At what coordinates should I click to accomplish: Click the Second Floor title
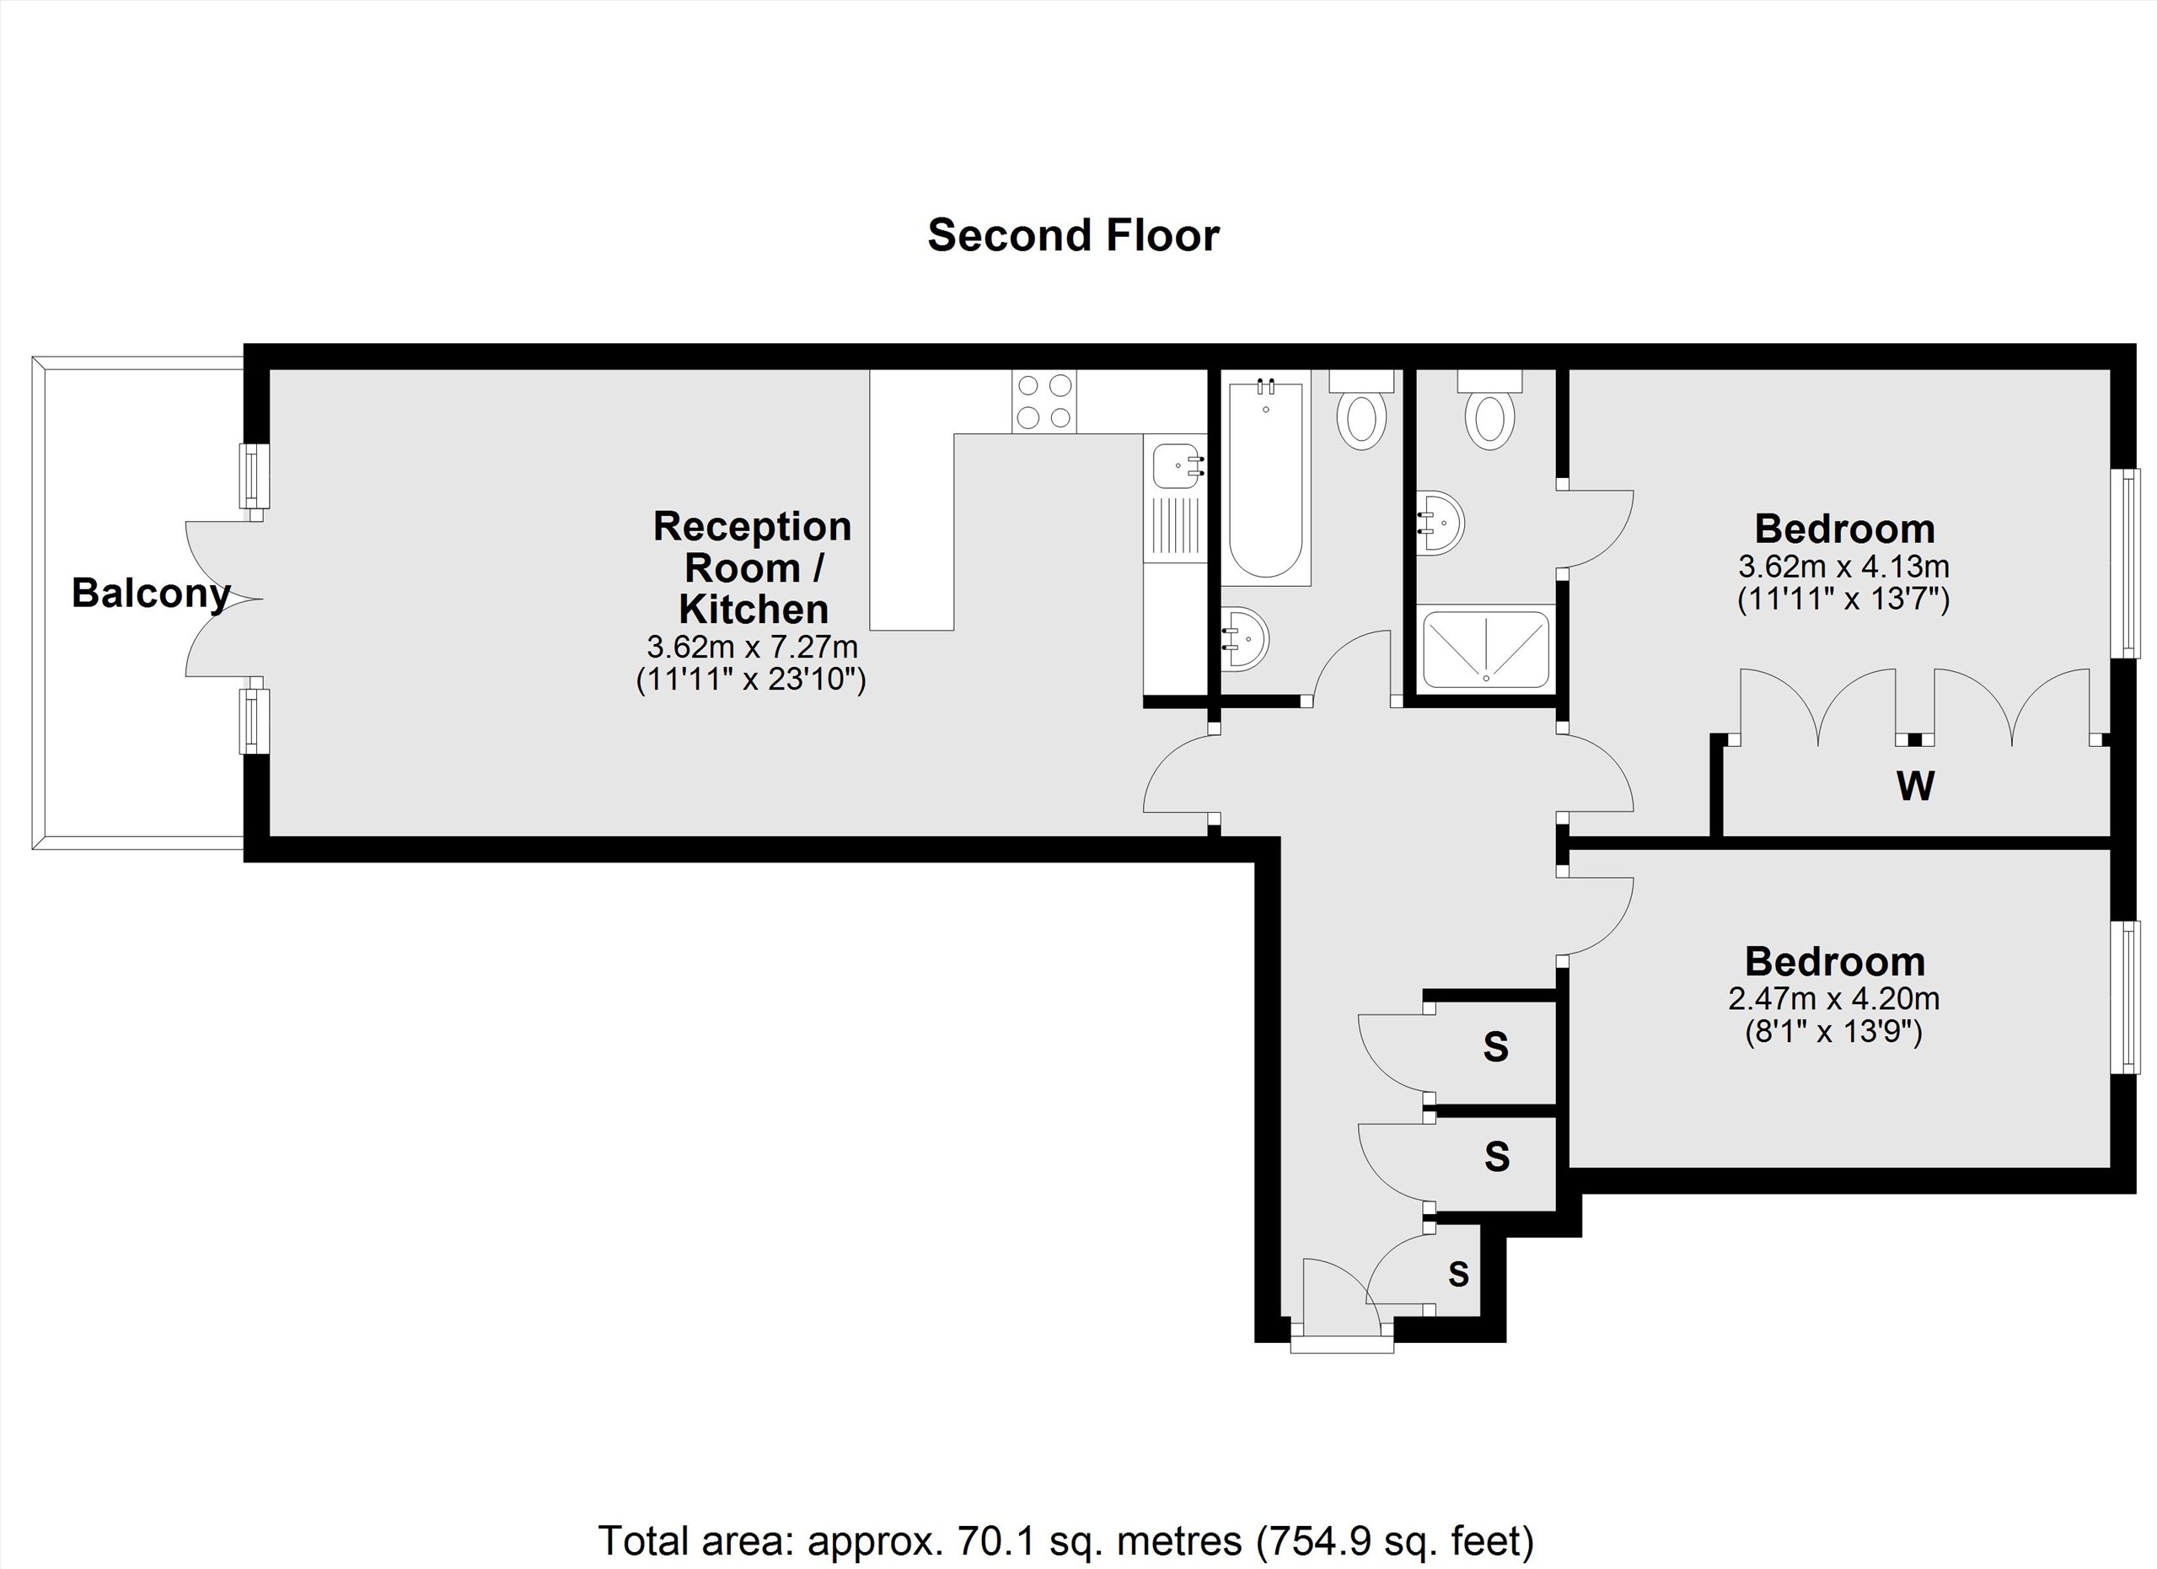coord(1073,235)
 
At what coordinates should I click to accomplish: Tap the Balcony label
coord(150,593)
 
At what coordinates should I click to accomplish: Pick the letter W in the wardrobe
coord(1914,786)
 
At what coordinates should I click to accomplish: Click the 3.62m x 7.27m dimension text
coord(751,647)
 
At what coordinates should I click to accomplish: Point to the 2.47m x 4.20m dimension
coord(1832,998)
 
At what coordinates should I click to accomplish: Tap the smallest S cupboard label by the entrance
coord(1458,1273)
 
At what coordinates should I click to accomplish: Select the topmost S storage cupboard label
coord(1495,1046)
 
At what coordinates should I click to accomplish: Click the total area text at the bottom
coord(1065,1539)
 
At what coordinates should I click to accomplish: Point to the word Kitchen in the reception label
coord(754,609)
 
